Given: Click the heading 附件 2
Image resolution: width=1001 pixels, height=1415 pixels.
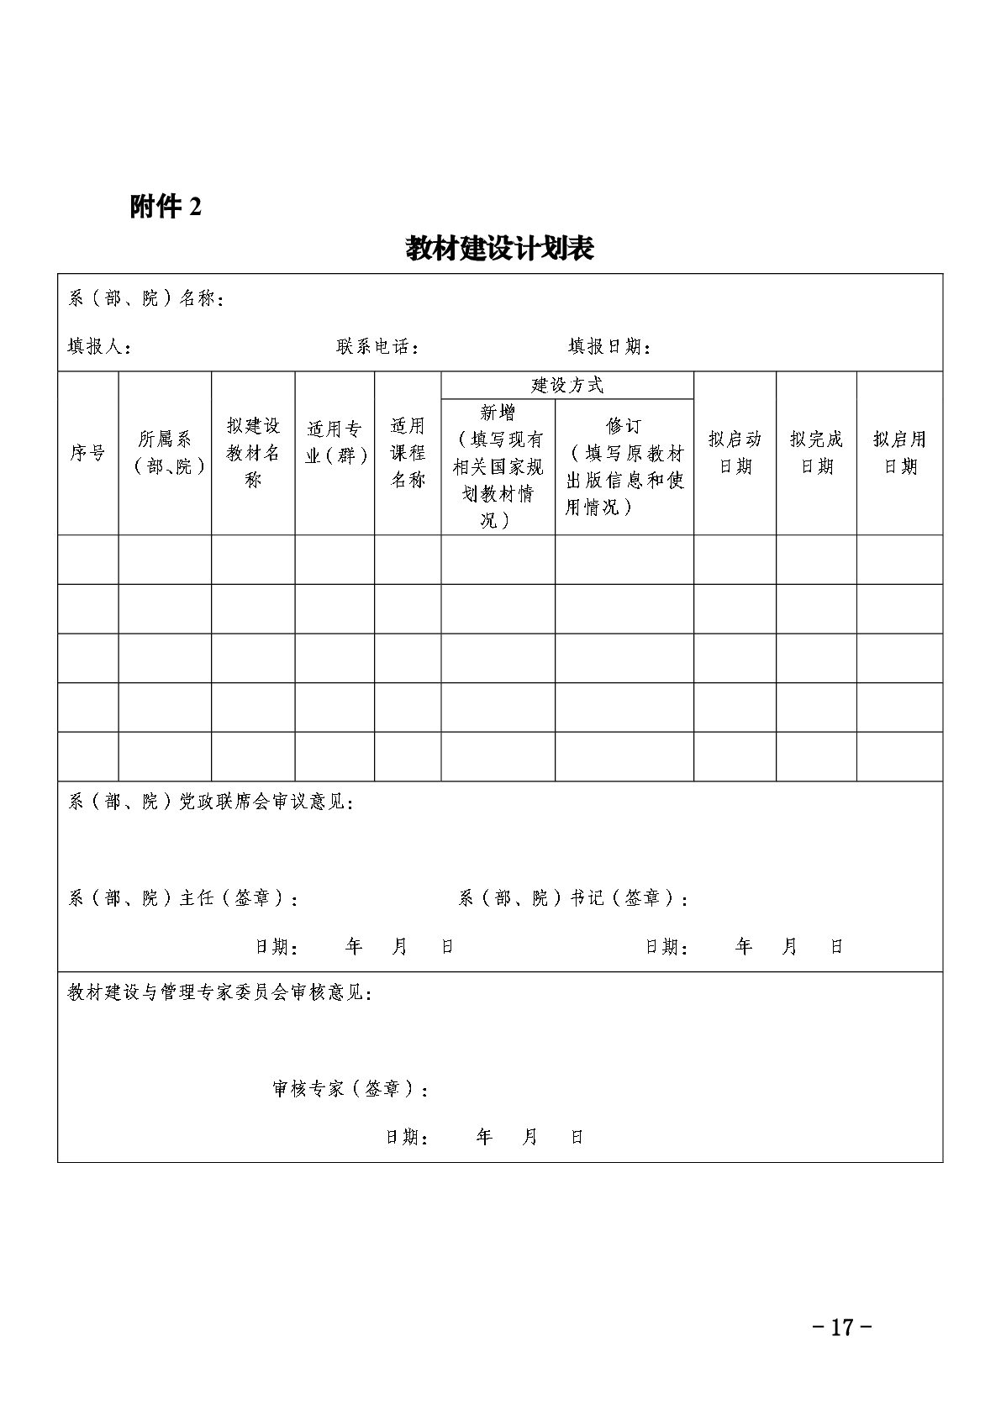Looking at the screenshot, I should pos(166,207).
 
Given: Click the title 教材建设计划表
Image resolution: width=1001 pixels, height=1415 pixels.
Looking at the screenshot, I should pos(500,249).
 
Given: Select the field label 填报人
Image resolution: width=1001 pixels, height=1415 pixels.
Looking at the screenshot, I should pos(98,347).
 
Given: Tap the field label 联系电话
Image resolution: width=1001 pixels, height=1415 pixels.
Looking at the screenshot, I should pos(377,347).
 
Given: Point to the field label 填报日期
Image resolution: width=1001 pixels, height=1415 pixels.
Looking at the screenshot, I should pos(609,347).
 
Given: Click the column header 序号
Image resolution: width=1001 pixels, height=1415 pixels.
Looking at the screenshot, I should pos(87,453).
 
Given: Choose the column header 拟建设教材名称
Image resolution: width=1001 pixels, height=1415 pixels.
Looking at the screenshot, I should pos(253,453).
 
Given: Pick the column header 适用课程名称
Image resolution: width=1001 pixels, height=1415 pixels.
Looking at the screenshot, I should pos(408,453).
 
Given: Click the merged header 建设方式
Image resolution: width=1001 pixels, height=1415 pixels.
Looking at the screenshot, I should pos(567,386).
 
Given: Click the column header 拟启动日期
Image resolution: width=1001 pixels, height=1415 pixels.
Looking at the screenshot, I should pos(735,452).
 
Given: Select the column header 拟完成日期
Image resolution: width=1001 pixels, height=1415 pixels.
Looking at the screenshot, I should pos(816,452).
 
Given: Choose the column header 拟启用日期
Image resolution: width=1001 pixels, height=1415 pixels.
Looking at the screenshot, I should pos(899,452).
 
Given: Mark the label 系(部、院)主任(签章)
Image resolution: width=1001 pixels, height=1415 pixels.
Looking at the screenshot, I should pos(183,898).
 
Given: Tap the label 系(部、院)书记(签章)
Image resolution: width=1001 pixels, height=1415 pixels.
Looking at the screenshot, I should pos(574,898).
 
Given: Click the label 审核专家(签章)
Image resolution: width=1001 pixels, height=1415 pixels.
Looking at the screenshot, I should pos(351,1089).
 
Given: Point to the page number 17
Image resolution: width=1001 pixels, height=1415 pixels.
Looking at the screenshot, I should pos(842,1328).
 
